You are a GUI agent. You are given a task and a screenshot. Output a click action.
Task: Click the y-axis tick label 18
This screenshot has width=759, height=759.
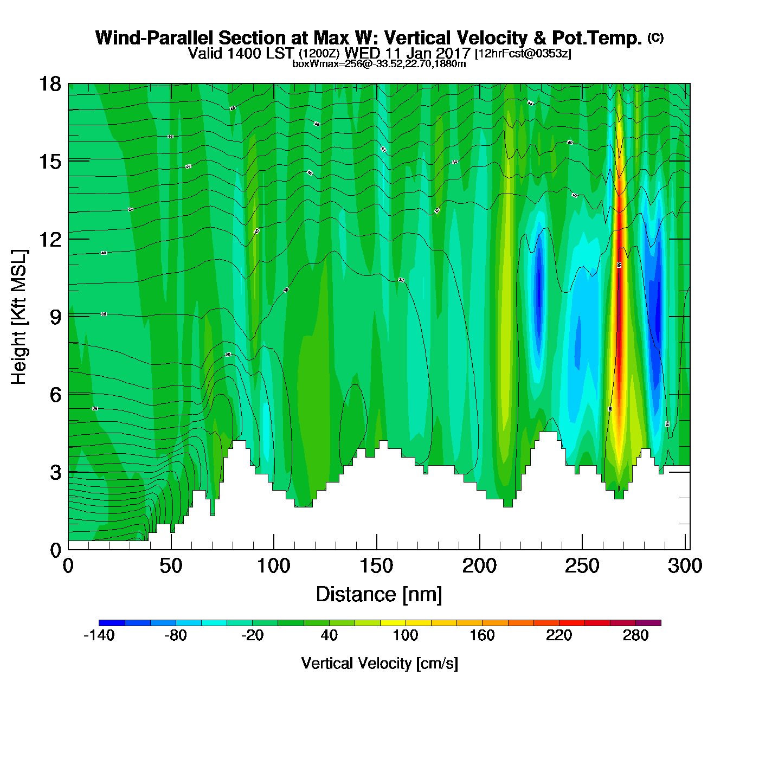[x=49, y=85]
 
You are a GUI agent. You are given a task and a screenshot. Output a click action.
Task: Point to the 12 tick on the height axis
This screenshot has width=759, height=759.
[x=49, y=239]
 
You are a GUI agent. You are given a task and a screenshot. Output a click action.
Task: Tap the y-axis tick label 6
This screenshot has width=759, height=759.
[x=55, y=395]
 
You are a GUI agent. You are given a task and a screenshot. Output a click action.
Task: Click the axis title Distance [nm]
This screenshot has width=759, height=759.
[x=379, y=595]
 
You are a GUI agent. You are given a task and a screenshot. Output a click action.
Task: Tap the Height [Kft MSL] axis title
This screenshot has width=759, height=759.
[x=20, y=317]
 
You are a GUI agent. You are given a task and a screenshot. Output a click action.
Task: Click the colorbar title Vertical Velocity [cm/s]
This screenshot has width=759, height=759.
[x=379, y=663]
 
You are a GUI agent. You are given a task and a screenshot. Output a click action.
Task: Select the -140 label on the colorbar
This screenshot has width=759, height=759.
[x=99, y=635]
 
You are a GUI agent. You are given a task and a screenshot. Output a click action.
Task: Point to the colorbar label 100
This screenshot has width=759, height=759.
[x=405, y=635]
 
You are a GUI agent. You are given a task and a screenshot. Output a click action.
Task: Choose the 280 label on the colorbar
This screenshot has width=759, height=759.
[x=635, y=635]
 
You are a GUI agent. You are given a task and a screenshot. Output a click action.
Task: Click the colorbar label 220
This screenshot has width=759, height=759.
[x=559, y=635]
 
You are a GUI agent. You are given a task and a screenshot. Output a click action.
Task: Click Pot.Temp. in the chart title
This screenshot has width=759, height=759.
[x=597, y=38]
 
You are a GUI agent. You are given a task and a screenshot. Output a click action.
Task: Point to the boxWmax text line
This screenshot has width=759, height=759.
[x=379, y=64]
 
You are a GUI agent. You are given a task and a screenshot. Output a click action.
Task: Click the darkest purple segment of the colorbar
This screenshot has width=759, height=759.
[x=648, y=623]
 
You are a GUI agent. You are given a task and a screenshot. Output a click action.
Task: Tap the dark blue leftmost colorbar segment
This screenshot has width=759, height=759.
[x=112, y=623]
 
